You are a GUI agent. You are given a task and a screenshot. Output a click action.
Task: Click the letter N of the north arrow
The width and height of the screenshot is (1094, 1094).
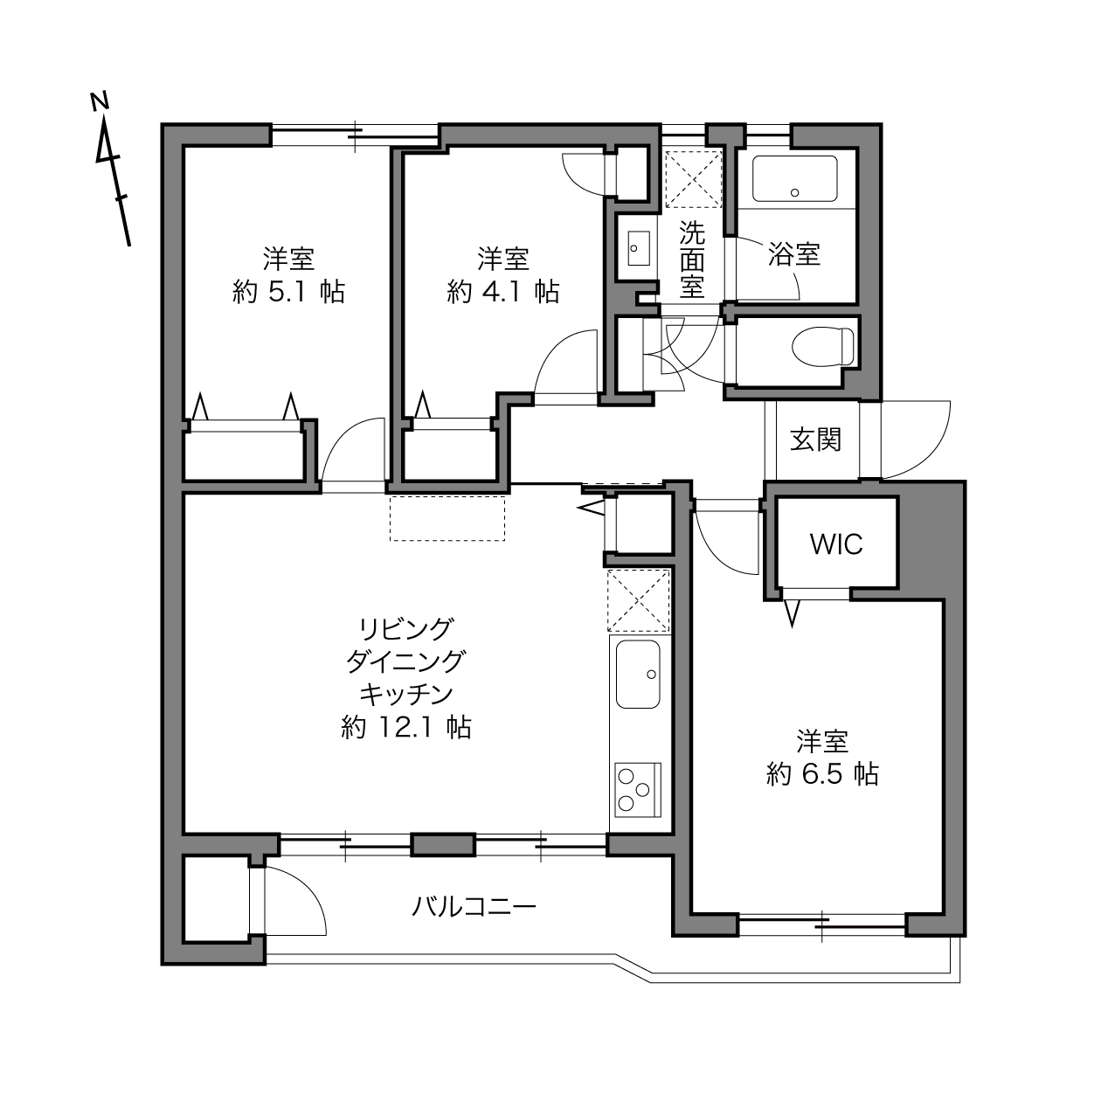coord(100,101)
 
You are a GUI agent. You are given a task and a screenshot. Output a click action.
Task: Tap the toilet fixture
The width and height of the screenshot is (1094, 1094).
coord(822,347)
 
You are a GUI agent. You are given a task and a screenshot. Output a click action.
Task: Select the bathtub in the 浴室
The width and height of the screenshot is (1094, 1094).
coord(795,179)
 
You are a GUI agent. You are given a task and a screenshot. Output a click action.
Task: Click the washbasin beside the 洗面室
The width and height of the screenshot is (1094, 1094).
coord(639,248)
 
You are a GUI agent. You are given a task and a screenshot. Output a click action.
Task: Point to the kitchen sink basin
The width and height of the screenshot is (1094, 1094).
coord(638,674)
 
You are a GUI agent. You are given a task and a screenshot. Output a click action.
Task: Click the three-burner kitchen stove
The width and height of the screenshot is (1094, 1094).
coord(638,789)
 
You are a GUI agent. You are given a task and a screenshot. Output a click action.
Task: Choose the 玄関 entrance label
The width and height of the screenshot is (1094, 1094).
coord(816,440)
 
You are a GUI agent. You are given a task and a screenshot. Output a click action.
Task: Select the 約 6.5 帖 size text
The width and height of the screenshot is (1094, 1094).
coord(822,774)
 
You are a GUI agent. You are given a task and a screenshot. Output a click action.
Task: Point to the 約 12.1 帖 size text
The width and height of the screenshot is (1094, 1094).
coord(406,727)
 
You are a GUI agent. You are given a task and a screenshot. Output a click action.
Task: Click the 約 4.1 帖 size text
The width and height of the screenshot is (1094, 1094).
coord(503,292)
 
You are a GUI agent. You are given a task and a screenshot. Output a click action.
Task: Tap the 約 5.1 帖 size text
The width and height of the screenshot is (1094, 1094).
coord(288,292)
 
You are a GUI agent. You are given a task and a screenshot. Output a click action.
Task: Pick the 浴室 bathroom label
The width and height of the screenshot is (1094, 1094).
coord(794,254)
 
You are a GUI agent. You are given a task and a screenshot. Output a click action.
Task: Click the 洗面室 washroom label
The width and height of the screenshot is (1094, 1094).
coord(692,260)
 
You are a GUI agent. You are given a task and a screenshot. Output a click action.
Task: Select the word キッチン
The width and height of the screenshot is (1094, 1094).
coord(406,694)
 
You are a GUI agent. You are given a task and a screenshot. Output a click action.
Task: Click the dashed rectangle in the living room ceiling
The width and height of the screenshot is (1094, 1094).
coord(447,518)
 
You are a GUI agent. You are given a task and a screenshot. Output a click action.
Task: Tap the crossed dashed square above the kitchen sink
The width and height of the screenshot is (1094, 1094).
coord(639,600)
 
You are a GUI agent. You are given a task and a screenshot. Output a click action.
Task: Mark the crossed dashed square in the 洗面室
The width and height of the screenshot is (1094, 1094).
coord(693,178)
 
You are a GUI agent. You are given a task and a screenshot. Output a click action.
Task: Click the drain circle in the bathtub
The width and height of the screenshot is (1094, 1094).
coord(795,192)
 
